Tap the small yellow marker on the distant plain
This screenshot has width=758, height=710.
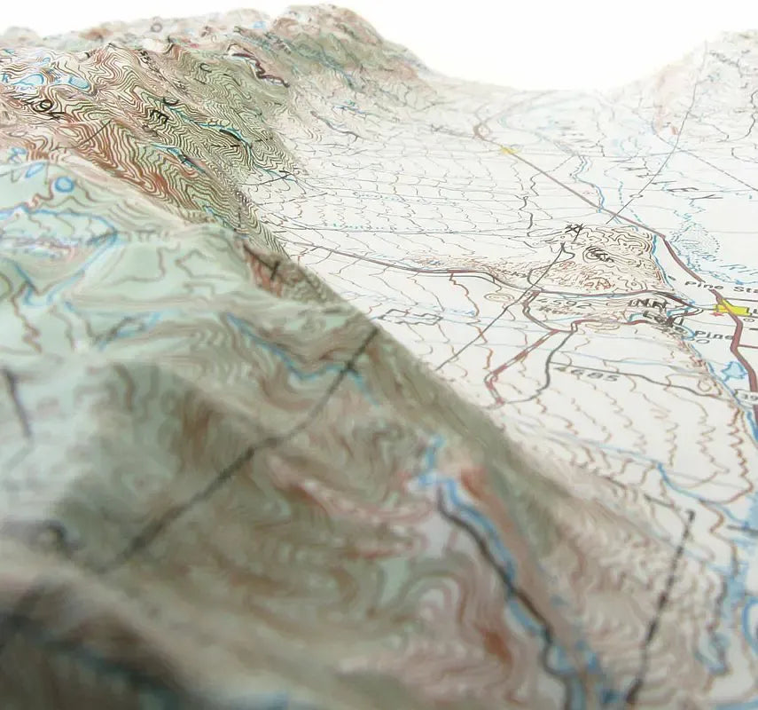point(508,151)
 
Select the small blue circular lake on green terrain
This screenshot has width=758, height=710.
point(63,185)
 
